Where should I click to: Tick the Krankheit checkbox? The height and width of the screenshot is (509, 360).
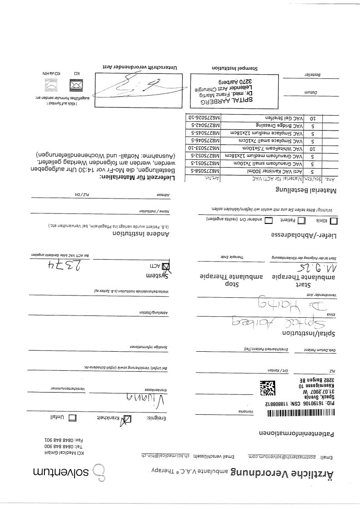point(129,419)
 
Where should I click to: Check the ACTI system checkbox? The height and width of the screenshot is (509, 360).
point(166,266)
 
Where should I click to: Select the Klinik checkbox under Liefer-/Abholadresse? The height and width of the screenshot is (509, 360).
point(335,221)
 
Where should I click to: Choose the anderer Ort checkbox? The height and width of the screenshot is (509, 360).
point(268,220)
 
